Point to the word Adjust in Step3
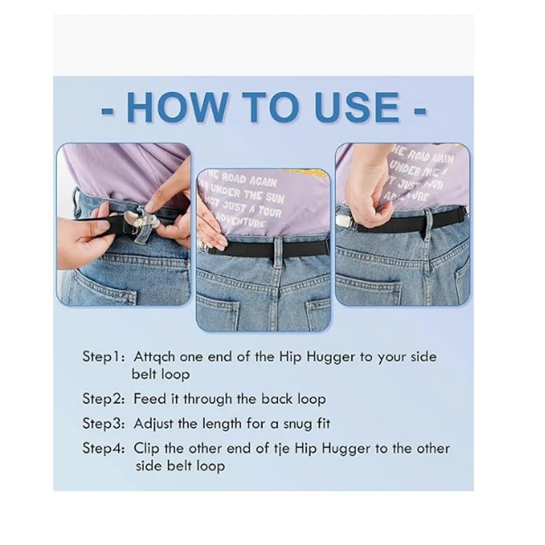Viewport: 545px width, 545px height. pyautogui.click(x=155, y=424)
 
